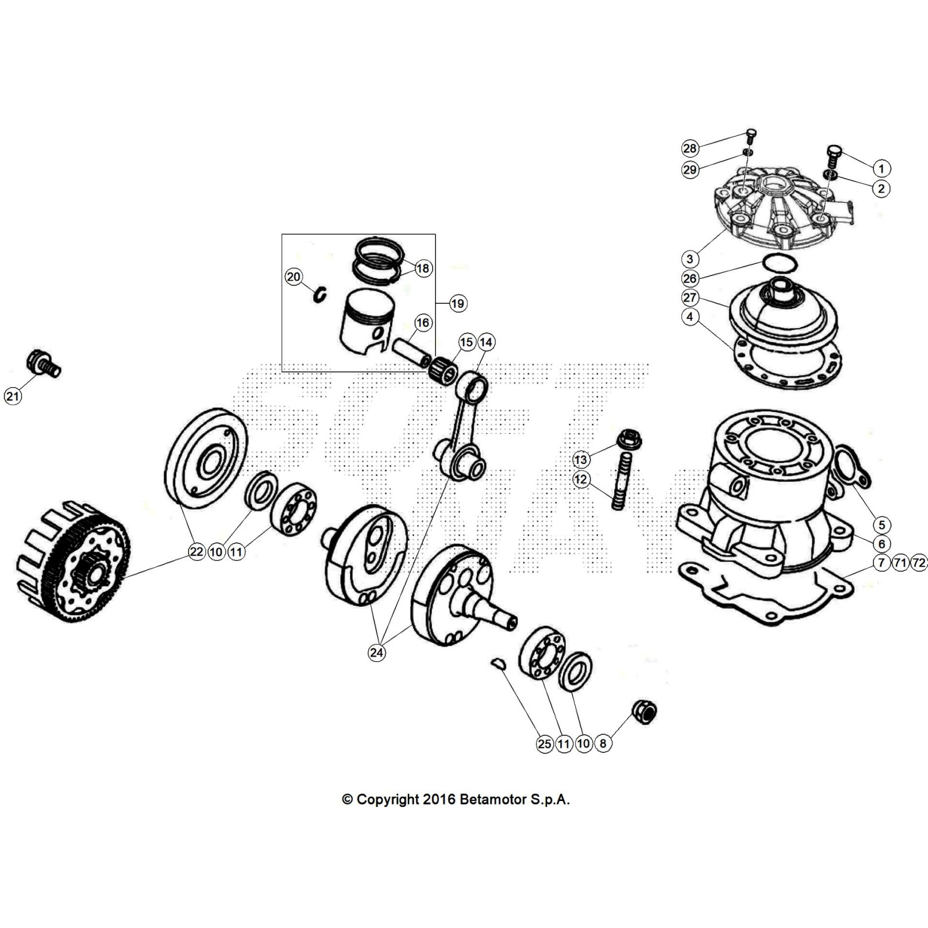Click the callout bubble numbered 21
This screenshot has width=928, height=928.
[x=12, y=396]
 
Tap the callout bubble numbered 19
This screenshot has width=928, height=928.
[x=458, y=303]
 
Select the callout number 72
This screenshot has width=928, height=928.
[x=919, y=563]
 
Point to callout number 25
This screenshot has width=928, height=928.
[x=545, y=744]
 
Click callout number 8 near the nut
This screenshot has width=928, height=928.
[x=603, y=744]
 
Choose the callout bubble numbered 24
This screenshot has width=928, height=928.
[x=377, y=652]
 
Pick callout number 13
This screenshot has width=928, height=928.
[x=581, y=460]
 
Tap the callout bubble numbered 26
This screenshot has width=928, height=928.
[x=690, y=278]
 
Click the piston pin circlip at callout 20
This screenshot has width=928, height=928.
[x=321, y=295]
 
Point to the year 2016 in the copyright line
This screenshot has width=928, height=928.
[x=439, y=800]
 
